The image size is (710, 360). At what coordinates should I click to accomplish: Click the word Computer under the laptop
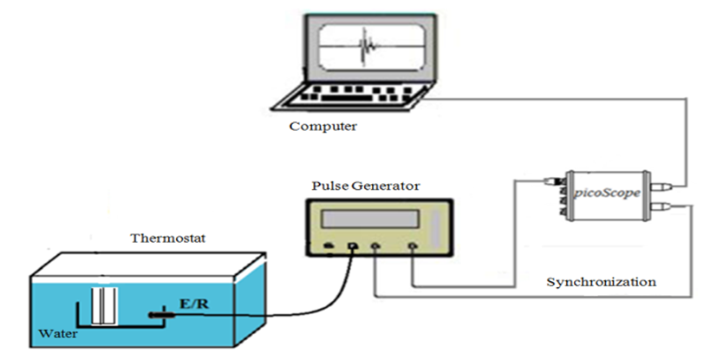[x=323, y=126]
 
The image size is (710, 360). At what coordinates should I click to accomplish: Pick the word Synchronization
[x=601, y=283]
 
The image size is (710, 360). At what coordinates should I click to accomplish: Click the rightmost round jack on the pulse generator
[x=413, y=247]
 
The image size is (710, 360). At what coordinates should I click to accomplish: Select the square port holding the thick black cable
[x=353, y=247]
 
